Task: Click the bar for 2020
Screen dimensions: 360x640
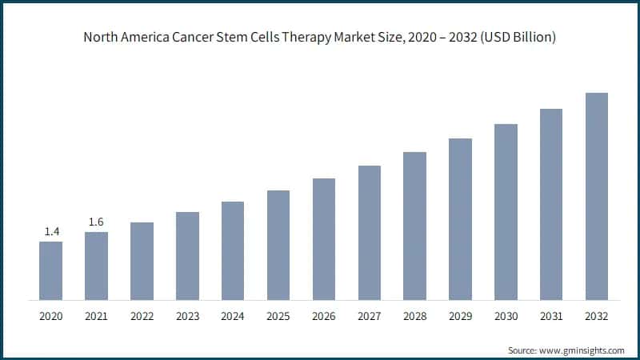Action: [x=50, y=270]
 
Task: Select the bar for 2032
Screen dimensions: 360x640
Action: [x=596, y=196]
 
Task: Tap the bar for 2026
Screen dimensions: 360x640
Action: [x=323, y=239]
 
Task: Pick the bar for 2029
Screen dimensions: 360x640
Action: [x=460, y=219]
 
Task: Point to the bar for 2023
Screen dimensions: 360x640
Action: [x=187, y=256]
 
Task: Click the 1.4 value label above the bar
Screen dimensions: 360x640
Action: [x=51, y=232]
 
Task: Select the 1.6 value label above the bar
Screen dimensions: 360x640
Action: [x=96, y=222]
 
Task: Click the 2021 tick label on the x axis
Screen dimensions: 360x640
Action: [x=96, y=317]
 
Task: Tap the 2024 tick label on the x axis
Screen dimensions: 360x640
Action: [x=233, y=317]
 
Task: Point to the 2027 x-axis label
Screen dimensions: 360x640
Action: [x=369, y=317]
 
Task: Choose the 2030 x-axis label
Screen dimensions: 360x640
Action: [x=506, y=317]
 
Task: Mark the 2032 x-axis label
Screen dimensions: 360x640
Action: [x=596, y=317]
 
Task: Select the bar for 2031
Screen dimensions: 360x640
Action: [x=551, y=204]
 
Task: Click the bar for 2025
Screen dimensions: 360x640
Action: [x=278, y=245]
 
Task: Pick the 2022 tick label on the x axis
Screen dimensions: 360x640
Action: [x=142, y=317]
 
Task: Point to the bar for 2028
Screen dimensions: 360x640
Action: [x=414, y=226]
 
